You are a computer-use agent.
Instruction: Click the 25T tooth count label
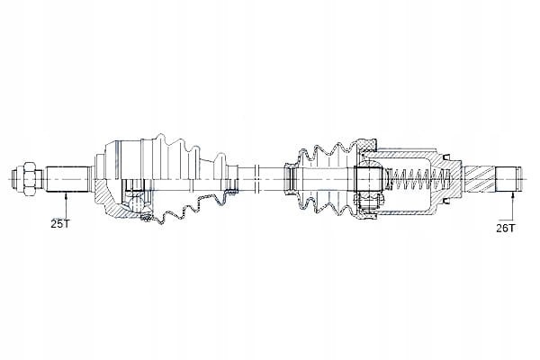tap(60, 224)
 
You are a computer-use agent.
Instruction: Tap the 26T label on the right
tap(506, 228)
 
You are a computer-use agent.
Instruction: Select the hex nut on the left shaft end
tap(28, 179)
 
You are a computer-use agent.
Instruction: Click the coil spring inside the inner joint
tap(420, 179)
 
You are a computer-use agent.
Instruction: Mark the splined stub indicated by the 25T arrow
tap(67, 179)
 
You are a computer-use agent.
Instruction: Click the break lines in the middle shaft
tap(256, 179)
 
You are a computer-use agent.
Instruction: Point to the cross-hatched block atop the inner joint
tap(367, 146)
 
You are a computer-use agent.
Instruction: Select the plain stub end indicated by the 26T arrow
tap(507, 179)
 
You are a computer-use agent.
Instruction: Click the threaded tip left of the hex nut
tap(16, 179)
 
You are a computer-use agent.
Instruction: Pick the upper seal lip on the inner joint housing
tap(446, 157)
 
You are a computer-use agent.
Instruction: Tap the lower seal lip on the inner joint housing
tap(446, 202)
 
